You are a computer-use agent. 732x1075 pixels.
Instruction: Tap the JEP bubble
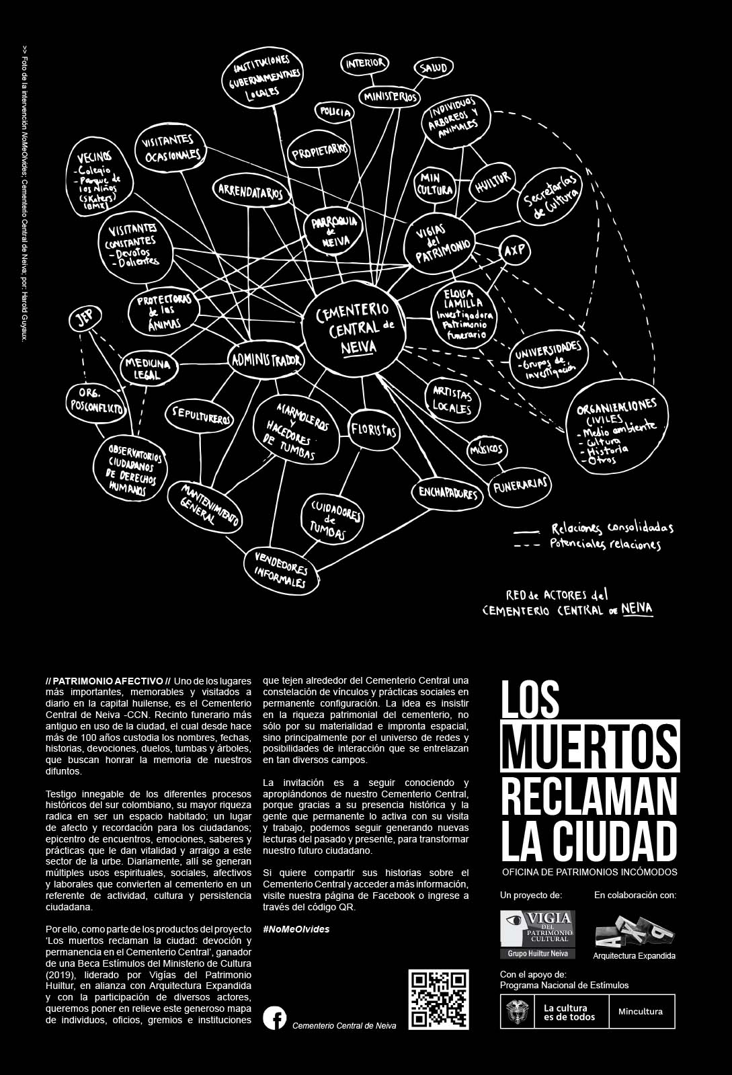pyautogui.click(x=85, y=319)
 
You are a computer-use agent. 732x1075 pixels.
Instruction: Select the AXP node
pyautogui.click(x=514, y=251)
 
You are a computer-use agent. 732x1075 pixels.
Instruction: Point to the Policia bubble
pyautogui.click(x=335, y=112)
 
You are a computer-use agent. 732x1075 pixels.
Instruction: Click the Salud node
pyautogui.click(x=434, y=68)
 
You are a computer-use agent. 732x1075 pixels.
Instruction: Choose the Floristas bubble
pyautogui.click(x=373, y=430)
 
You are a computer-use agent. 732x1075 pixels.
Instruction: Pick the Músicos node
pyautogui.click(x=486, y=449)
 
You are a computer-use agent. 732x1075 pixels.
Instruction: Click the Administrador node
pyautogui.click(x=266, y=361)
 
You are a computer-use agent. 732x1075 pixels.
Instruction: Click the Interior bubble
pyautogui.click(x=365, y=63)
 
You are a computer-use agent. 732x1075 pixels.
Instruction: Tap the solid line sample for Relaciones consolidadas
pyautogui.click(x=526, y=530)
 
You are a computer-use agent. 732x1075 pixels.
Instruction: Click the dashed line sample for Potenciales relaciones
pyautogui.click(x=526, y=545)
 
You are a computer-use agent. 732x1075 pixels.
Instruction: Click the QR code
pyautogui.click(x=438, y=999)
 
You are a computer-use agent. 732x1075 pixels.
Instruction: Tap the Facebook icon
pyautogui.click(x=274, y=1018)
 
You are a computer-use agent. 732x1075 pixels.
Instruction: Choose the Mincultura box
pyautogui.click(x=641, y=1012)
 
